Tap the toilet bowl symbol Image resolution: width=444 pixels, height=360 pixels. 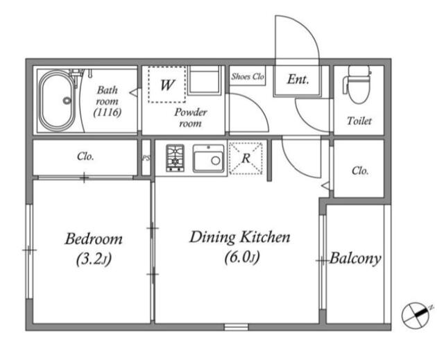(357, 85)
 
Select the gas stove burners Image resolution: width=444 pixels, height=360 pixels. (175, 157)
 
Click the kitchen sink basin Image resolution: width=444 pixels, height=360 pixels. (208, 158)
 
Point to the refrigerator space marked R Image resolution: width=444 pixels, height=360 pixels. (246, 158)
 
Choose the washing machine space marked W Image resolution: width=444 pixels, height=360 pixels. (166, 85)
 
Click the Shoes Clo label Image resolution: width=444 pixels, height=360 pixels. (248, 76)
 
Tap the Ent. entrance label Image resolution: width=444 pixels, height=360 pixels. (298, 79)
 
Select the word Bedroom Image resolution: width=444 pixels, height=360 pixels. (94, 239)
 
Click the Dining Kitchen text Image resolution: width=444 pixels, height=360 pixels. (240, 237)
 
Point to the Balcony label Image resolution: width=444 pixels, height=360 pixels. (355, 258)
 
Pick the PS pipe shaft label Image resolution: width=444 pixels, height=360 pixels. (146, 158)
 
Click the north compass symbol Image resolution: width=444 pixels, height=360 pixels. (416, 316)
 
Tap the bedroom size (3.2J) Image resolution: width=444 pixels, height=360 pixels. (94, 259)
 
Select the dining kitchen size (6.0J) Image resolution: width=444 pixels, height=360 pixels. (242, 257)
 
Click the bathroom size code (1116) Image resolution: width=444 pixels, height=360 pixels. (108, 112)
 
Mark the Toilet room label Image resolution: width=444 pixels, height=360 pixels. (359, 121)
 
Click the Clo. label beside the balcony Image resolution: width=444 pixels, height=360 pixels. (360, 171)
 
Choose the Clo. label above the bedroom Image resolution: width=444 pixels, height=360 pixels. (85, 157)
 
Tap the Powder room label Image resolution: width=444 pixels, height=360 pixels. (191, 117)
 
